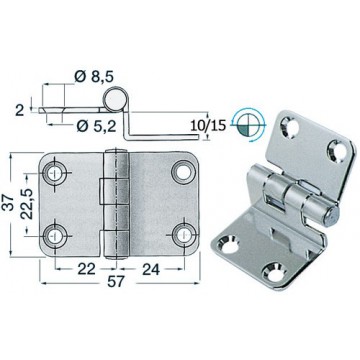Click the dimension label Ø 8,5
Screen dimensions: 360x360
(x=94, y=77)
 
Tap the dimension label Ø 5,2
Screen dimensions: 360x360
(x=96, y=126)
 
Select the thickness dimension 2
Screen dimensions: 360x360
(x=20, y=110)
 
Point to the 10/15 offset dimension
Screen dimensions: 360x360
(x=208, y=126)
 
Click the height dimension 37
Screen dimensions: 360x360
(x=9, y=203)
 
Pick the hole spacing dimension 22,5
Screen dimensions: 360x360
(x=27, y=204)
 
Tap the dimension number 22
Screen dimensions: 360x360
(x=87, y=269)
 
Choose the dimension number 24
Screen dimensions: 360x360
(x=151, y=269)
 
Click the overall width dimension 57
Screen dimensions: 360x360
(x=115, y=282)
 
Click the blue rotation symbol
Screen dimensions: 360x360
(x=249, y=126)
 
